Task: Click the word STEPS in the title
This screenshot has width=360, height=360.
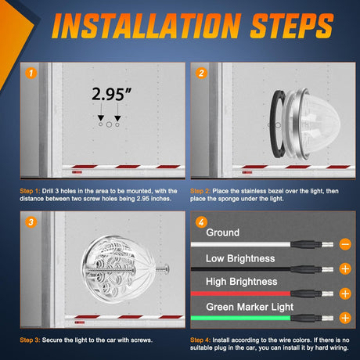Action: pos(292,26)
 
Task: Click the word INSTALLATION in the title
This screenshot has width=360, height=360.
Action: pos(146,26)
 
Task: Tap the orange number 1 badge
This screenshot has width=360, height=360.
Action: pos(31,73)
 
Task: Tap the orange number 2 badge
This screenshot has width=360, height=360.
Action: pos(201,73)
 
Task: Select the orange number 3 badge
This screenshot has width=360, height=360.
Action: pos(31,222)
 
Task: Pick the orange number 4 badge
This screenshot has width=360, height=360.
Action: pos(201,222)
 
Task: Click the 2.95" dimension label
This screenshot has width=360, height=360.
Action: pos(111,94)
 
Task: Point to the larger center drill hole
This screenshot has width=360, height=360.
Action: pos(109,124)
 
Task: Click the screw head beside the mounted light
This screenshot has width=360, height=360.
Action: pos(166,268)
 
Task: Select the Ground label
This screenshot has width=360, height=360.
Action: pos(222,232)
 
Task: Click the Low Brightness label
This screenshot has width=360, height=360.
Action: pos(240,258)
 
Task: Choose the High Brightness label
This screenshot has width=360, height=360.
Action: pos(241,282)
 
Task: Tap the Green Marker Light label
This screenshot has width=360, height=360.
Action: pos(250,307)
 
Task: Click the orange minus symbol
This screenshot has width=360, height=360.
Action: pos(345,244)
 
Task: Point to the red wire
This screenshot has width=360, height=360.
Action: pos(240,293)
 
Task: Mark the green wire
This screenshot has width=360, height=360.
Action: pos(240,318)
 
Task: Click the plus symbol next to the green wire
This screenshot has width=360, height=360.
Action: pos(345,318)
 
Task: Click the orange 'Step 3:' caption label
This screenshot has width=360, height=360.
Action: pos(30,340)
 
